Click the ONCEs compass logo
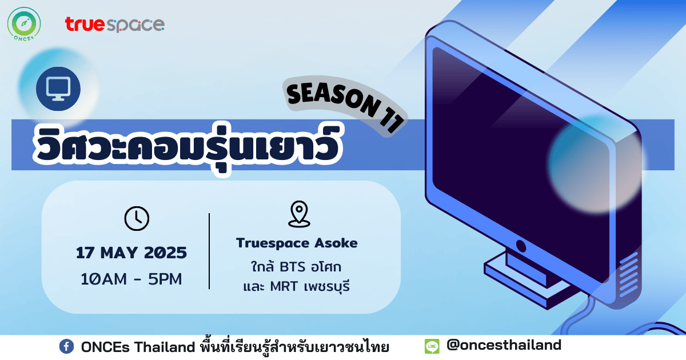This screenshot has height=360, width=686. pyautogui.click(x=24, y=24)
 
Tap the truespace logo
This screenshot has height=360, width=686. pyautogui.click(x=115, y=25)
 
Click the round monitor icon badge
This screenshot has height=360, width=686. pyautogui.click(x=58, y=89)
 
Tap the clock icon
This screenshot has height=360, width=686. pyautogui.click(x=137, y=218)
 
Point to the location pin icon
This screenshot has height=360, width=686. pyautogui.click(x=299, y=214)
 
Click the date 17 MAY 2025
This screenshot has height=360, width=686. pyautogui.click(x=131, y=253)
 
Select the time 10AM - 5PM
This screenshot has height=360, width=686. pyautogui.click(x=131, y=279)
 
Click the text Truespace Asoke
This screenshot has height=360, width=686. pyautogui.click(x=297, y=243)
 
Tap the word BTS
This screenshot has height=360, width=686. pyautogui.click(x=293, y=267)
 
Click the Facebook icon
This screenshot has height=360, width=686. pyautogui.click(x=66, y=347)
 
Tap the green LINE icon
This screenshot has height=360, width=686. pyautogui.click(x=432, y=346)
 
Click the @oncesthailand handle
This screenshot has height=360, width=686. pyautogui.click(x=504, y=345)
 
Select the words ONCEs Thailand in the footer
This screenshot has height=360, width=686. pyautogui.click(x=138, y=347)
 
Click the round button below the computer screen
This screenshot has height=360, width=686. pyautogui.click(x=521, y=246)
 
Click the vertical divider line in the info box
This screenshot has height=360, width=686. pyautogui.click(x=209, y=251)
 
